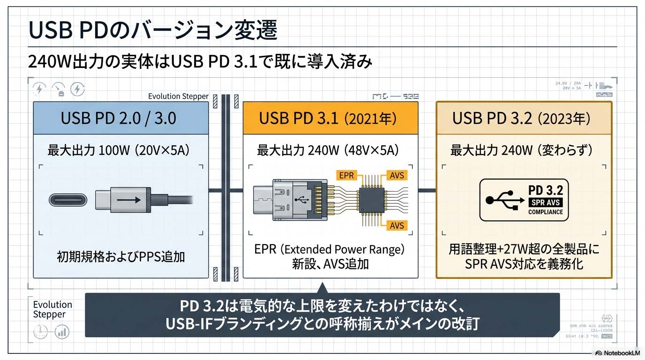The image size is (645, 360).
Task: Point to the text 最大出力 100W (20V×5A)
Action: (120, 150)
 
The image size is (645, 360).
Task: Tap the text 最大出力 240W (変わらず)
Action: (521, 150)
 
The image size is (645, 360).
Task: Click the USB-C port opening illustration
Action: (68, 200)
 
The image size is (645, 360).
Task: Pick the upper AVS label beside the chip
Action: (397, 176)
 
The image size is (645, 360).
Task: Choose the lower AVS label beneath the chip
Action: (397, 225)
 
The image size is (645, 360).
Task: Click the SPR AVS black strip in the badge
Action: (545, 202)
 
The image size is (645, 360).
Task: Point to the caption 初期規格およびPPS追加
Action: (120, 256)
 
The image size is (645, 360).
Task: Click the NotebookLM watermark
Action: (617, 353)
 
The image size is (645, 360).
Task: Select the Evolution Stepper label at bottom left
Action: (52, 309)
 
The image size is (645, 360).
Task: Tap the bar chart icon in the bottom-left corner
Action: (62, 332)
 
